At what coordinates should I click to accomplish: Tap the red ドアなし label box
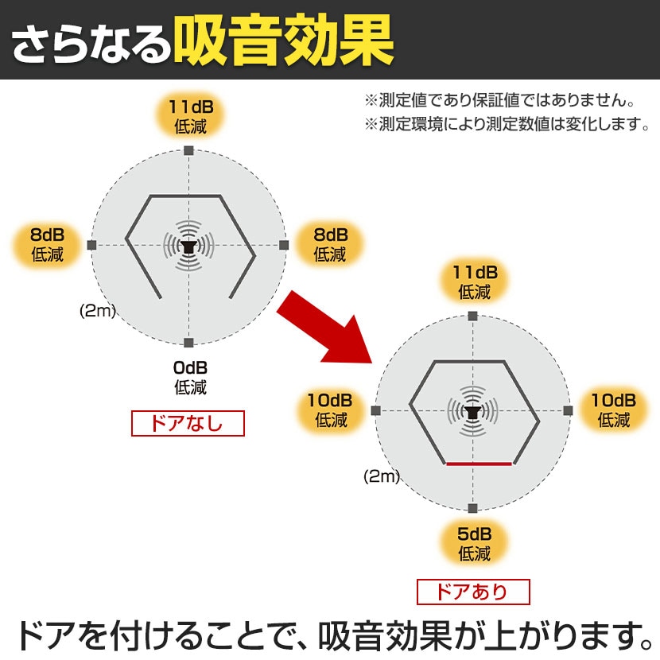(187, 423)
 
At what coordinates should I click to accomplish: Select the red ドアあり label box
(472, 592)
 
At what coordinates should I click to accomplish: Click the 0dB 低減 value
(190, 378)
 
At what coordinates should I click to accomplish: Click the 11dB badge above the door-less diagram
(190, 116)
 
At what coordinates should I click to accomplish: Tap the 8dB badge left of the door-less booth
(47, 245)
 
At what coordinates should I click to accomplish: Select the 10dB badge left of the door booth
(331, 410)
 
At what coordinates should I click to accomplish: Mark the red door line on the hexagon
(478, 463)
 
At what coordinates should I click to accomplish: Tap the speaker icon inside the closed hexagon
(472, 412)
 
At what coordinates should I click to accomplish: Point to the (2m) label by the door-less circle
(98, 311)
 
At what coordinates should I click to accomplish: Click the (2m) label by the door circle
(381, 476)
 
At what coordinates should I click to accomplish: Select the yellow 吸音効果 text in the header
(283, 40)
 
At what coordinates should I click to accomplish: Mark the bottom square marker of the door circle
(472, 507)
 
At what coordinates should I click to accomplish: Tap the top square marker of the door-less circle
(188, 150)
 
